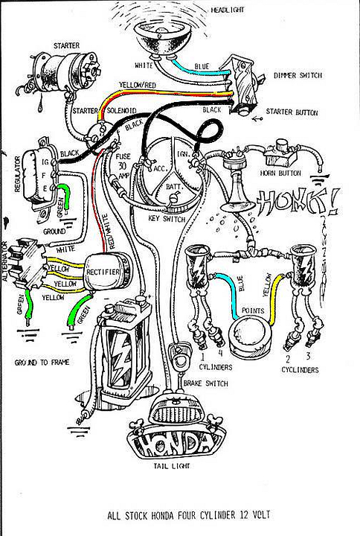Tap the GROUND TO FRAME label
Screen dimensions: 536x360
pos(41,364)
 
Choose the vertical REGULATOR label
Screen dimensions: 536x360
pos(16,174)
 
